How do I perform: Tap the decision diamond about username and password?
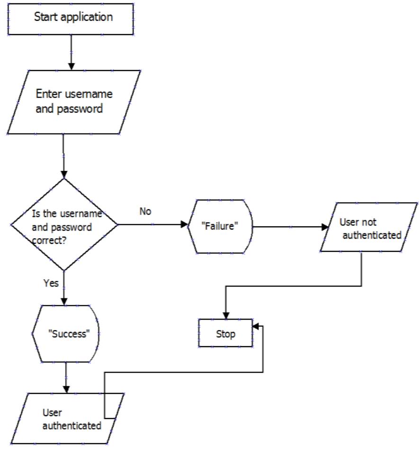(64, 224)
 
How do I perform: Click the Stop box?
(225, 333)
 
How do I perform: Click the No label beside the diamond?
(145, 212)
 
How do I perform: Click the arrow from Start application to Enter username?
(71, 52)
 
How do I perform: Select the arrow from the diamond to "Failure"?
(152, 224)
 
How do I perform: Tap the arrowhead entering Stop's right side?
(256, 326)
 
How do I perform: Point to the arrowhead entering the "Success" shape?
(64, 300)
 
